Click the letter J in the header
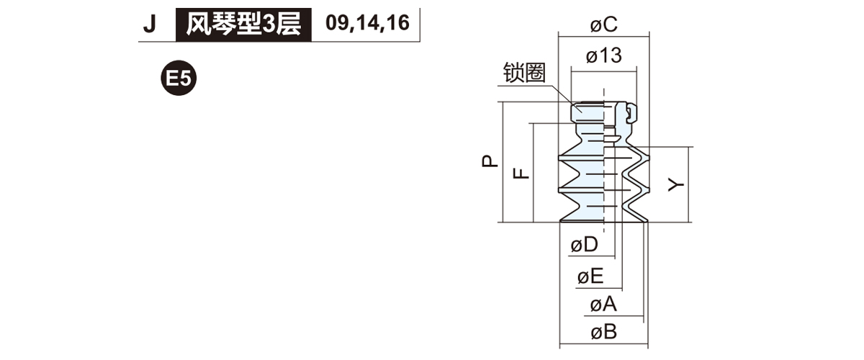click(x=150, y=24)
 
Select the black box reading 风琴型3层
click(x=243, y=24)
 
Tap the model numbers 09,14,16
click(x=366, y=24)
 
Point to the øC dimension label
click(x=603, y=25)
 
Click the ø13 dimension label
click(x=603, y=55)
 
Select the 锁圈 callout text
click(x=524, y=73)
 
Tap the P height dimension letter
click(x=490, y=162)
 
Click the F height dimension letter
click(x=521, y=173)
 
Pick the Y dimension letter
click(x=675, y=185)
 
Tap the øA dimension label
click(x=603, y=305)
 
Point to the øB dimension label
click(x=603, y=333)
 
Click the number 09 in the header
click(x=336, y=24)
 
